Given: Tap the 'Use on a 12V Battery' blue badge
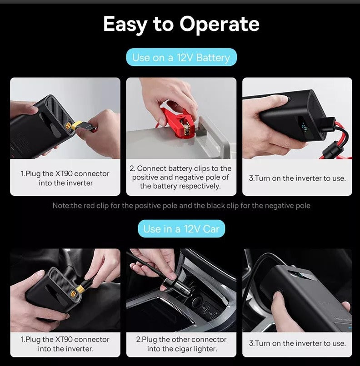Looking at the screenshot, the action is pos(181,57).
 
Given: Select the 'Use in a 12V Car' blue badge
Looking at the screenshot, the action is pos(181,229).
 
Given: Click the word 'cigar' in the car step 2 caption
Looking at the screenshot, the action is pos(184,349).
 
